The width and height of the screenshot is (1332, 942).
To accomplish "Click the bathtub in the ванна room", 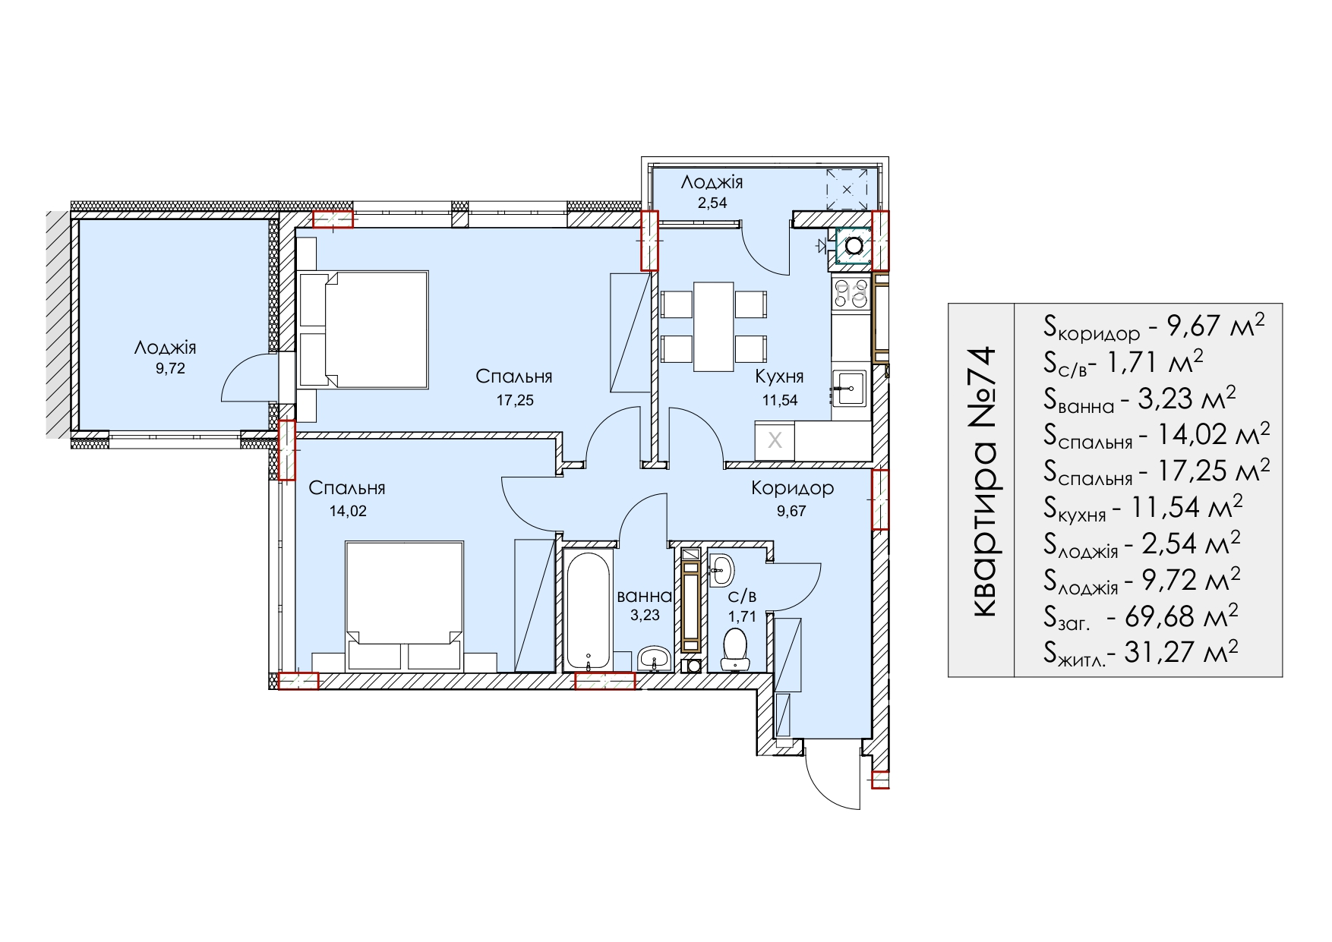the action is coord(588,610).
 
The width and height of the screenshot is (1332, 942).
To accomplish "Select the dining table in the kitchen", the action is coord(713,326).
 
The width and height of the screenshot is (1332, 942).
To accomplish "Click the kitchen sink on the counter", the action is coord(849,389).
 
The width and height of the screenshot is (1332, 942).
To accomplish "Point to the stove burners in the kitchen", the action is coord(851,294).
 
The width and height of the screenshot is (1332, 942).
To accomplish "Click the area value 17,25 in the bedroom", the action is coord(515,400).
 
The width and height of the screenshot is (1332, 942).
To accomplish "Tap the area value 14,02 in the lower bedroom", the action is coord(348,511).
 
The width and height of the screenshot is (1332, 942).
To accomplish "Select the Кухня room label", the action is coord(779,376).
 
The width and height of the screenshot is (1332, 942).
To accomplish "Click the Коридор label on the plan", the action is coord(792,488).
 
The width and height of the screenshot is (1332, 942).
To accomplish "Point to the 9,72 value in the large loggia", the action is coord(170,369).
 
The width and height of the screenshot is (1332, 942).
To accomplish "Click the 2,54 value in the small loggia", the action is coord(712,203).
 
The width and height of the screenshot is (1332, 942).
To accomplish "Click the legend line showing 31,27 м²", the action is coord(1141,652).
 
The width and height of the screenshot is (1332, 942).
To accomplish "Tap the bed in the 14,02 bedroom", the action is coord(404,606).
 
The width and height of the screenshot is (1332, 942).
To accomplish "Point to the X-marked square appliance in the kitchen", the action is coord(775,440).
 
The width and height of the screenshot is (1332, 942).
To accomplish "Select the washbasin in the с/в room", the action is coord(721,569).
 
